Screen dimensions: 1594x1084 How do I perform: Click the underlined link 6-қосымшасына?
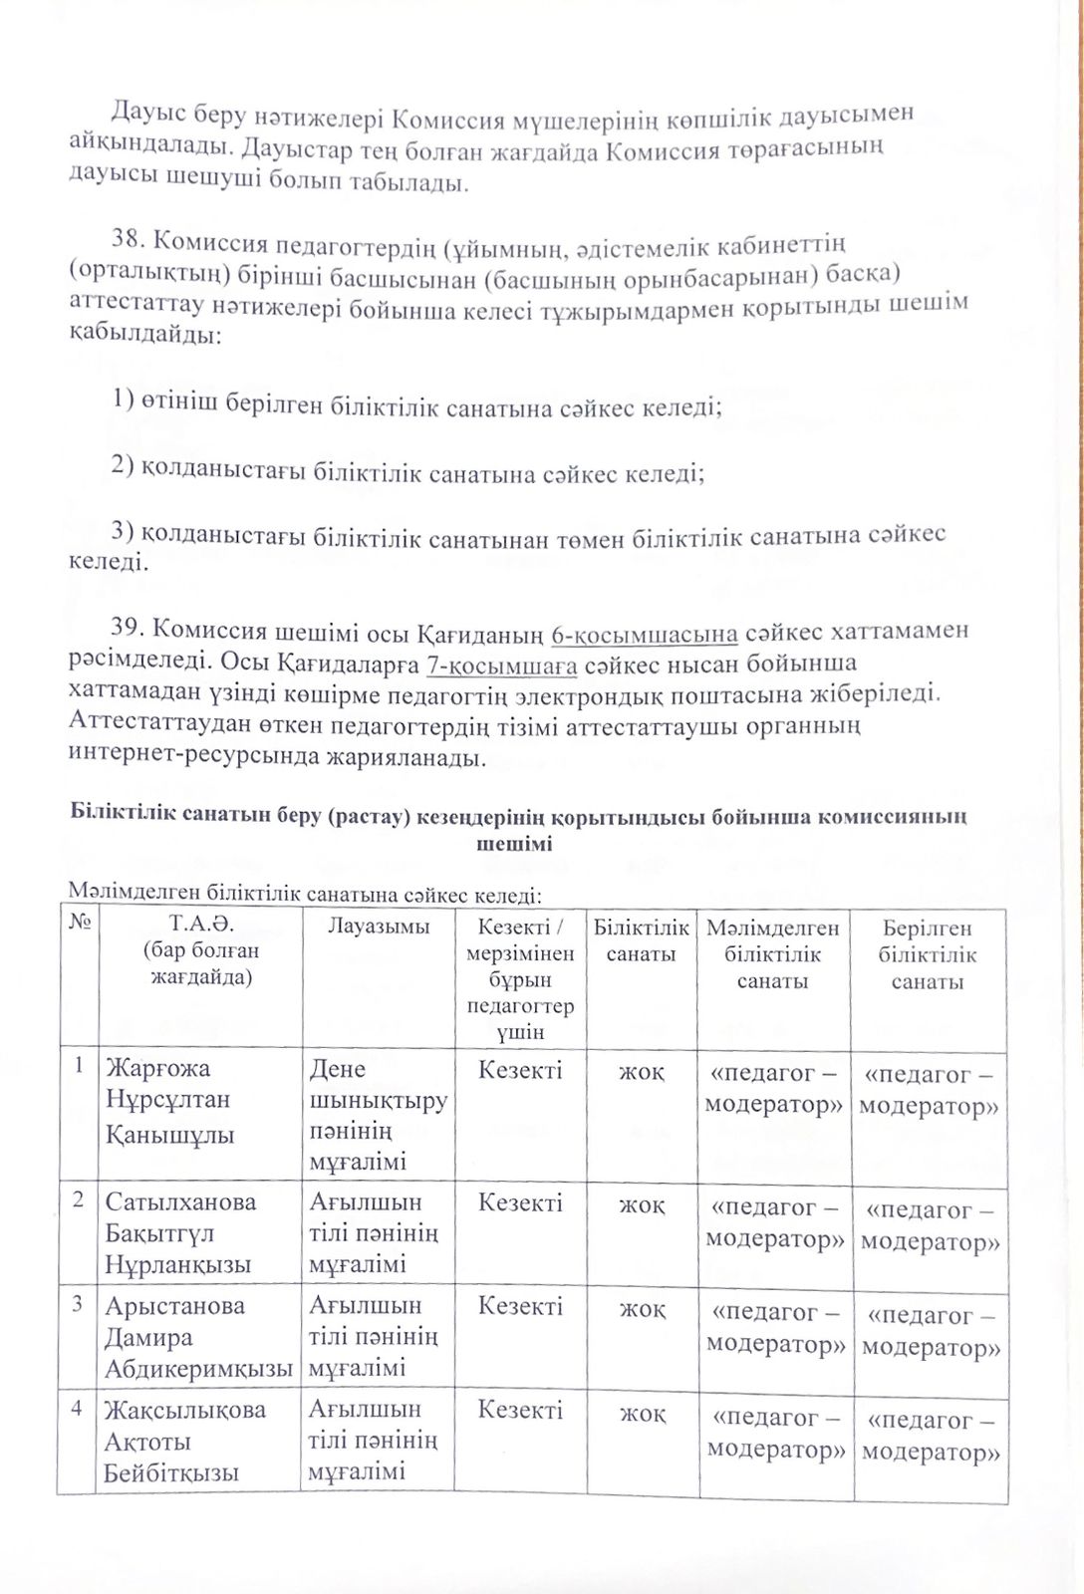[x=644, y=634]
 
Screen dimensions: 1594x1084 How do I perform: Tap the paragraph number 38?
[x=130, y=238]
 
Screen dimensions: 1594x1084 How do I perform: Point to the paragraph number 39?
[x=130, y=627]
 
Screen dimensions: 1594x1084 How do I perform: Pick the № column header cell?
[x=80, y=923]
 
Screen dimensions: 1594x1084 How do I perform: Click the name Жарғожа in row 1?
[x=158, y=1069]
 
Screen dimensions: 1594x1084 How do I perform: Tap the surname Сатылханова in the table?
[x=180, y=1202]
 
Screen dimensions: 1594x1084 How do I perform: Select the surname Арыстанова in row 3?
[x=174, y=1306]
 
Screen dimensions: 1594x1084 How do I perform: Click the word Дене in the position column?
[x=338, y=1070]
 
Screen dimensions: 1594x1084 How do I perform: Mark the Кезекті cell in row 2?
[x=520, y=1202]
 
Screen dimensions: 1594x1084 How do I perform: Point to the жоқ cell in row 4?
[x=642, y=1414]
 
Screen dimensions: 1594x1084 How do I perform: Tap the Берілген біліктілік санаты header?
[x=927, y=954]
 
